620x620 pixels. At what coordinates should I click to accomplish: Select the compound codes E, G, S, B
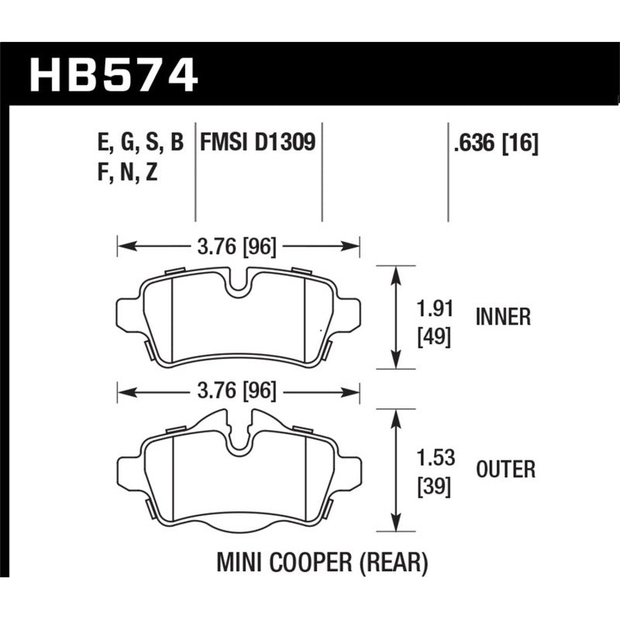(x=139, y=143)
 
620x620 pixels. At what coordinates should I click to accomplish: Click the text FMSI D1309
(x=257, y=143)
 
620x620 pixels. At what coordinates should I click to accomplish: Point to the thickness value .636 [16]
(x=493, y=143)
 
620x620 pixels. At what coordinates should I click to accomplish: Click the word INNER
(x=503, y=316)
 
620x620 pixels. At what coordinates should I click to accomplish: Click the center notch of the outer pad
(x=238, y=438)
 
